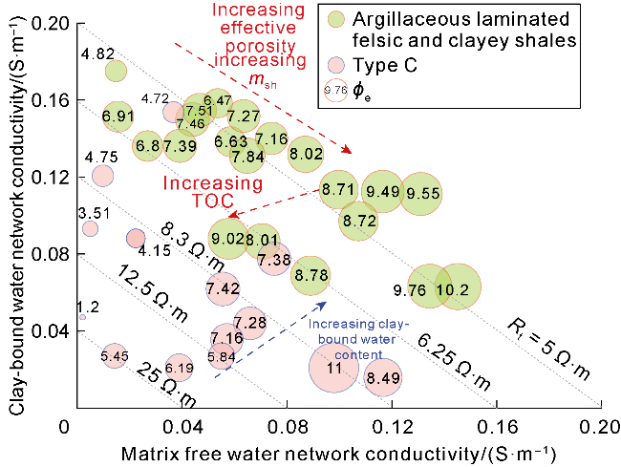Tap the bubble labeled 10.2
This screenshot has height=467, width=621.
458,287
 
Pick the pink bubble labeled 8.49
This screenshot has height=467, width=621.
383,377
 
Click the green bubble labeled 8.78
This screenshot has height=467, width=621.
311,275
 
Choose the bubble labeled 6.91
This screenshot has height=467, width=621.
118,117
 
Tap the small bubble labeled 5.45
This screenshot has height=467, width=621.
115,357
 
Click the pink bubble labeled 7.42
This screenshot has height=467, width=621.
222,287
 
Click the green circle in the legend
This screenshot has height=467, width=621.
334,19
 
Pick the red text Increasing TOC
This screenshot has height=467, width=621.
205,192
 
